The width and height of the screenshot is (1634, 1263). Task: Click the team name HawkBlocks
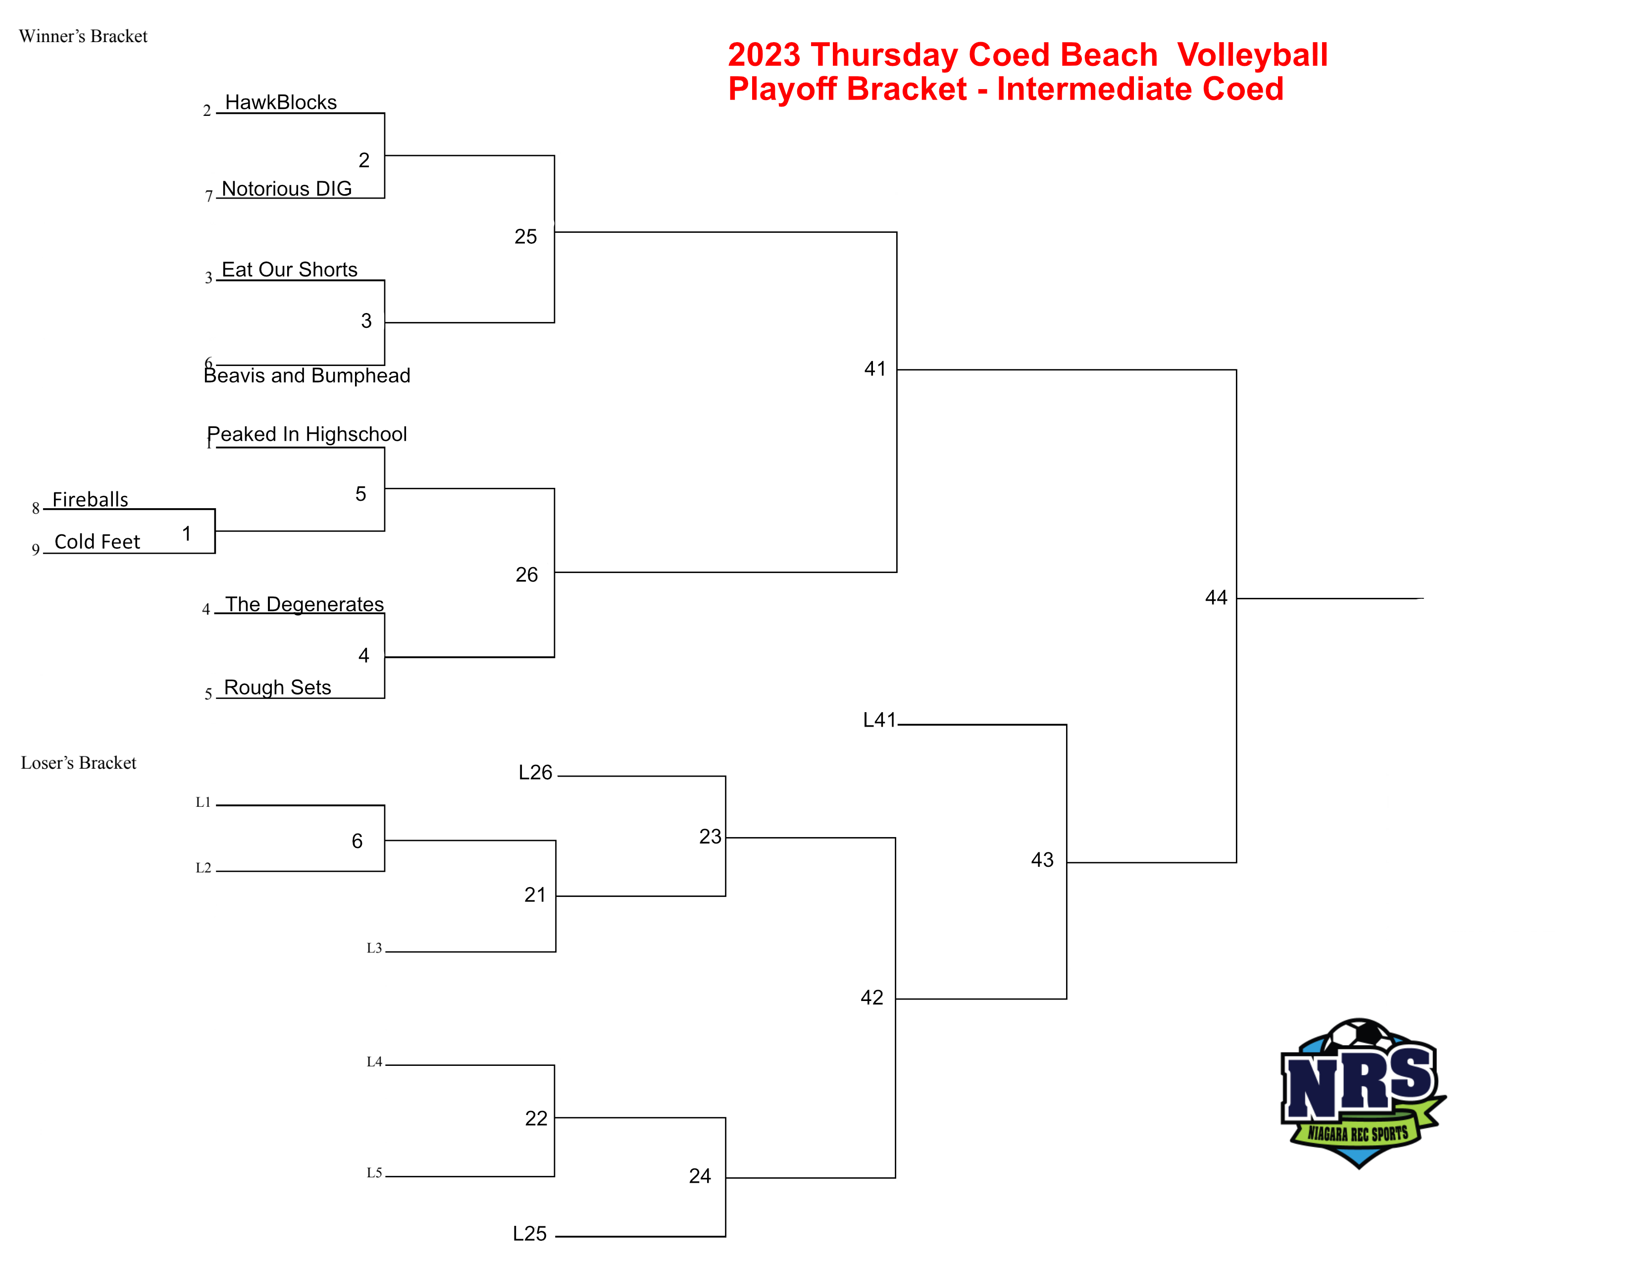coord(281,103)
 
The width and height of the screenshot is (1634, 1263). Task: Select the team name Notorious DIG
coord(287,189)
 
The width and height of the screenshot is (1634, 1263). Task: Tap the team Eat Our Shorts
coord(290,269)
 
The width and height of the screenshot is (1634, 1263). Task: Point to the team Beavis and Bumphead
coord(307,375)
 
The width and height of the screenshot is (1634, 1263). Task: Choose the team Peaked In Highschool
coord(307,435)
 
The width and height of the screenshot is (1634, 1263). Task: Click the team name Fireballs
coord(91,499)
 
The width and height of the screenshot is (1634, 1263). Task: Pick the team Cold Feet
coord(97,542)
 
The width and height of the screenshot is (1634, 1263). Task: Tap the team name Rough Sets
coord(278,687)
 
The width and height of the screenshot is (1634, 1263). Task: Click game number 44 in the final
coord(1216,598)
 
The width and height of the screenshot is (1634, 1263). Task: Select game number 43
coord(1042,860)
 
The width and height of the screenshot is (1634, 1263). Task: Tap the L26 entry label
coord(536,772)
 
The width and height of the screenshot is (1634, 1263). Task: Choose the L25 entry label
coord(530,1234)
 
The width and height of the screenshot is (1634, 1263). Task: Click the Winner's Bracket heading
coord(83,36)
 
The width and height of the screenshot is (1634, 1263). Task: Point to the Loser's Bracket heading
coord(79,762)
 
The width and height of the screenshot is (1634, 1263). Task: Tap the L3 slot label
coord(374,948)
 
